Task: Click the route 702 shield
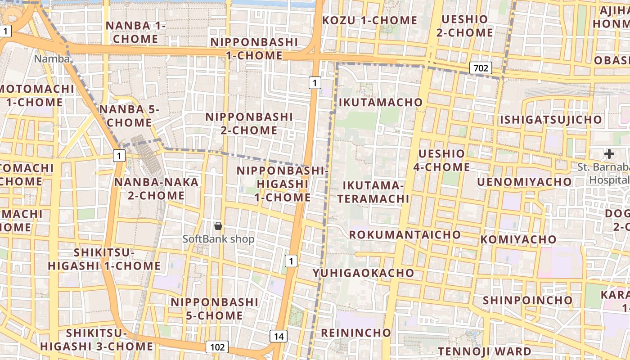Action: (481, 68)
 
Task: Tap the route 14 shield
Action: (279, 336)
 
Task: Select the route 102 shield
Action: (217, 347)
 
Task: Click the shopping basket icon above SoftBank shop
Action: (218, 226)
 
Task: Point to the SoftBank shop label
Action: (219, 239)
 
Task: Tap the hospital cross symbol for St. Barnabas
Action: (609, 154)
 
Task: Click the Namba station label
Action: (52, 58)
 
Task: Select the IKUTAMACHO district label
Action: (381, 102)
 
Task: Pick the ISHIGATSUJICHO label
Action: (551, 120)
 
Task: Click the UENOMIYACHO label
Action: (524, 182)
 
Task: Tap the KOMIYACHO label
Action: (518, 239)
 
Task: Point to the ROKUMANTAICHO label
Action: (405, 234)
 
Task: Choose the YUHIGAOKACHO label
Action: (364, 273)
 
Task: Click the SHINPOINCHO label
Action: (527, 300)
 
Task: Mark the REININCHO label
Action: (356, 333)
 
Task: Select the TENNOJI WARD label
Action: (485, 351)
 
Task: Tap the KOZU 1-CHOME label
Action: (370, 20)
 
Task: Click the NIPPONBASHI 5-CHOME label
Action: (214, 308)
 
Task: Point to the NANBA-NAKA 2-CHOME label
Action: (156, 189)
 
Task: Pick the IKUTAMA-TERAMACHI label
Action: (373, 192)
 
